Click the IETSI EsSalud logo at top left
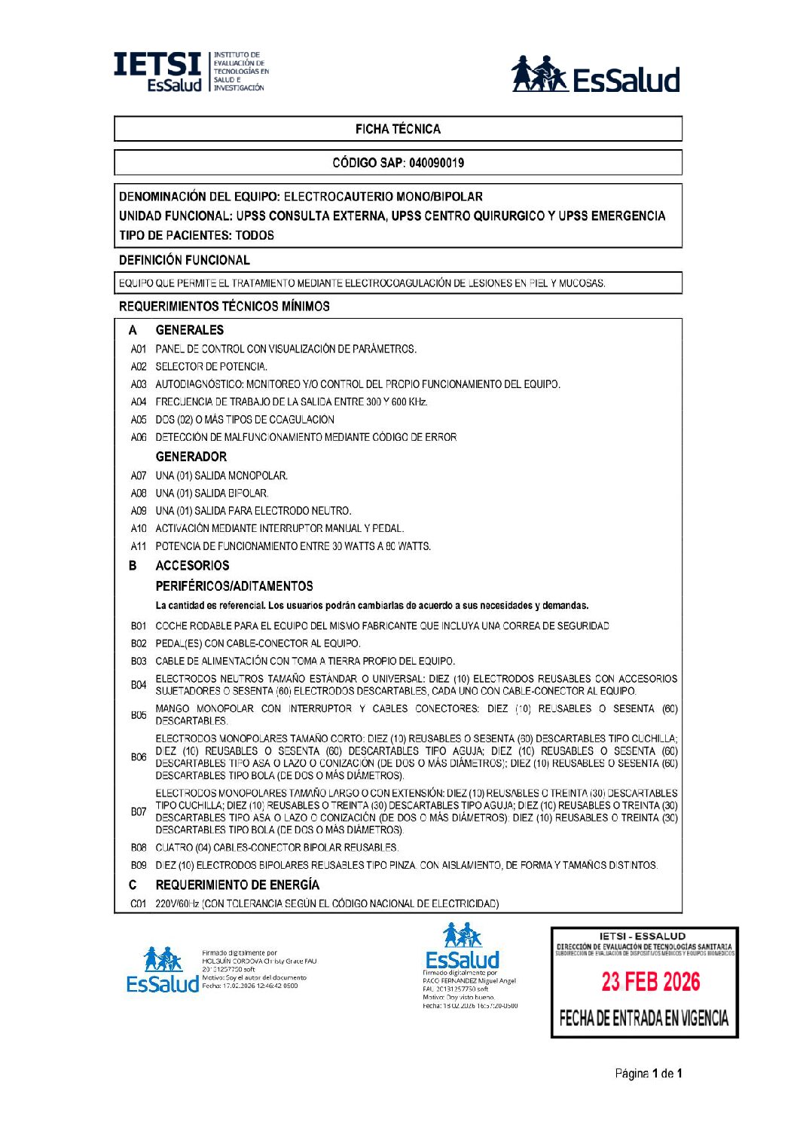coord(190,72)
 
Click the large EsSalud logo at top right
coord(595,75)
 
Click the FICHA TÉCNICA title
coord(398,129)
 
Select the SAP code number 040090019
coord(436,163)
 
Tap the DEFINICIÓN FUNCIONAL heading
coord(185,260)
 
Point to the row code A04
coord(139,402)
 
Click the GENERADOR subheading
coord(191,457)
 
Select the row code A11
coord(139,546)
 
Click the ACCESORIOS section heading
coord(192,565)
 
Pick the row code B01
coord(139,626)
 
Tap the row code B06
coord(139,757)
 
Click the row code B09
coord(139,865)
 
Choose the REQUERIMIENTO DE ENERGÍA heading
coord(237,885)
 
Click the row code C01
coord(139,903)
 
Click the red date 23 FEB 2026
coord(651,982)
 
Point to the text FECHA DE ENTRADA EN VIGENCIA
coord(644,1019)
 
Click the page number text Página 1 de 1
coord(649,1073)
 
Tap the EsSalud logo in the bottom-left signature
coord(163,971)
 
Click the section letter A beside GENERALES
coord(133,330)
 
